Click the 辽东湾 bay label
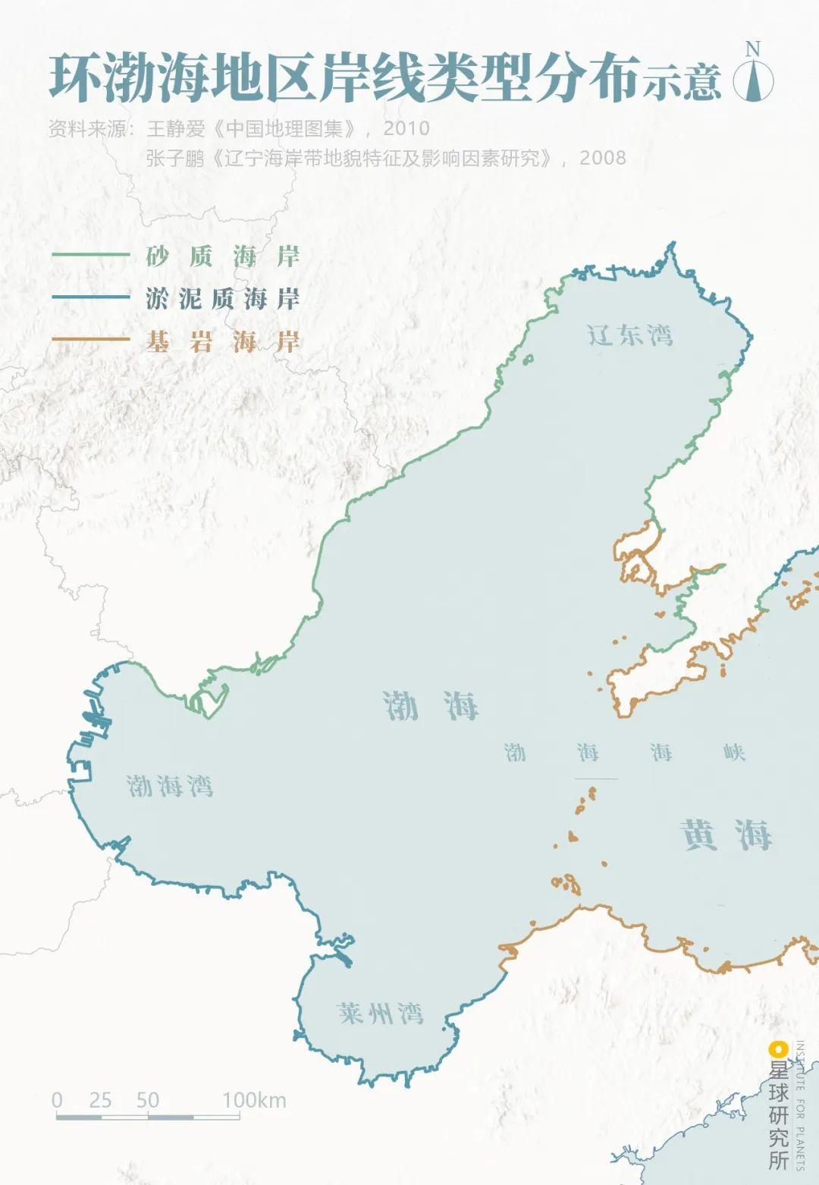click(x=629, y=335)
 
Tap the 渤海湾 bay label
click(x=169, y=785)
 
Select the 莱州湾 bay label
click(x=379, y=1013)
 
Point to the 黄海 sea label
click(x=726, y=835)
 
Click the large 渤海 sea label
click(x=430, y=706)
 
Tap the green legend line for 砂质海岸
click(x=91, y=256)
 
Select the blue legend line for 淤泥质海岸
click(x=91, y=297)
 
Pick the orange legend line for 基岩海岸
click(x=91, y=341)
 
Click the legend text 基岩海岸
click(x=223, y=341)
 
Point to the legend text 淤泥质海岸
click(x=223, y=298)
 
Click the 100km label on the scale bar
click(x=254, y=1100)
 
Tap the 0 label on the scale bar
click(x=57, y=1100)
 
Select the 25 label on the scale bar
click(x=100, y=1100)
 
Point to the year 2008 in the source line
click(x=603, y=158)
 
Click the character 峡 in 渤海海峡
click(x=733, y=752)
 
